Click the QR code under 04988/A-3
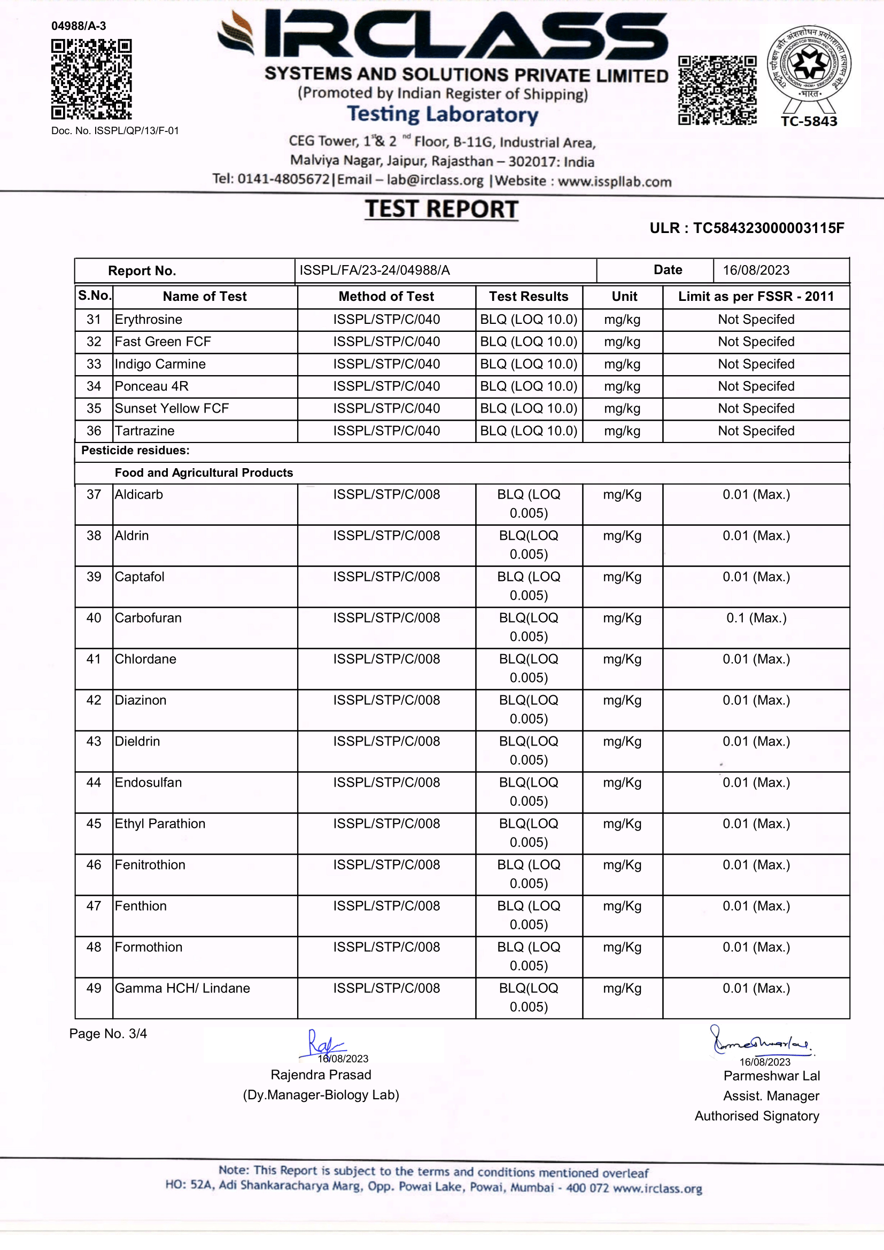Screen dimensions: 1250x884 [x=91, y=80]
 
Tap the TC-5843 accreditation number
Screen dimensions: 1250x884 [x=809, y=121]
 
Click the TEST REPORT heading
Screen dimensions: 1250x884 [x=441, y=209]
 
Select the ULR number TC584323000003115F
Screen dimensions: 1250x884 [x=768, y=228]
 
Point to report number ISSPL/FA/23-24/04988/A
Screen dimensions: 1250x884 [x=375, y=270]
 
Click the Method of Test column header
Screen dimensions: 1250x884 [x=386, y=297]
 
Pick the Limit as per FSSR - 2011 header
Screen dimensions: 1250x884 [x=756, y=297]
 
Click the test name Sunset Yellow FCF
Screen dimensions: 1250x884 [x=172, y=408]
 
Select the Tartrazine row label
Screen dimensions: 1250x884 [x=144, y=431]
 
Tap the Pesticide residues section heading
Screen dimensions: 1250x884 [x=135, y=450]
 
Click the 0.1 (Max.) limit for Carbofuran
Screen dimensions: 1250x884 [x=756, y=618]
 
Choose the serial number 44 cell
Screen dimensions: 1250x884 [x=94, y=782]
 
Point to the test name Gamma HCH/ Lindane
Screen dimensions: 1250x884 [x=182, y=988]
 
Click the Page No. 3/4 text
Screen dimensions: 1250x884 [x=108, y=1034]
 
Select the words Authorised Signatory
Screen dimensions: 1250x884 [x=757, y=1116]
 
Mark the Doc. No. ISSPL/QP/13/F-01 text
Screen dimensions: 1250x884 [x=115, y=130]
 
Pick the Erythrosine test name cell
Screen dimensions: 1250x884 [x=148, y=320]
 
